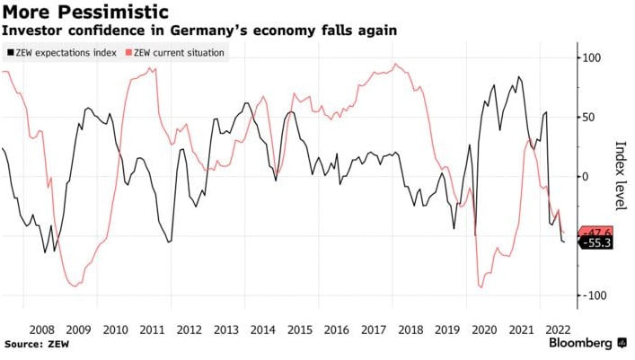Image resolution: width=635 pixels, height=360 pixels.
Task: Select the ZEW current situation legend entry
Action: tap(180, 53)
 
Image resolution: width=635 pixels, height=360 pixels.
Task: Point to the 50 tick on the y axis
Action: tap(591, 118)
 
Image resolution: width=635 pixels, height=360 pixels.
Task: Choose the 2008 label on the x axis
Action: tap(41, 329)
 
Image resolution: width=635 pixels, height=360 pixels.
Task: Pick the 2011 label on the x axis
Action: tap(153, 329)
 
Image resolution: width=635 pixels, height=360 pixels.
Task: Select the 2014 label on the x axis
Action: tap(263, 329)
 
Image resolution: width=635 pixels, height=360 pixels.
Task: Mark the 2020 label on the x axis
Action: tap(485, 329)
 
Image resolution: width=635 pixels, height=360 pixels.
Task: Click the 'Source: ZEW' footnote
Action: tap(36, 344)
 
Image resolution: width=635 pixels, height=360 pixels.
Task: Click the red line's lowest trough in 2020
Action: tap(481, 287)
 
